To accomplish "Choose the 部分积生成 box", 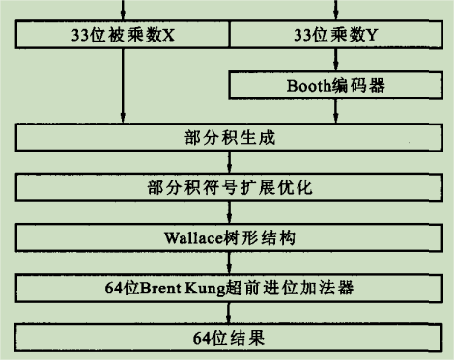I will tap(228, 137).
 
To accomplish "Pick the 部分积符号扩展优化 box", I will tap(228, 187).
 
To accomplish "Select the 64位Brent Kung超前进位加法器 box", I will tap(228, 288).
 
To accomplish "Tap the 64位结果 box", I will tap(228, 338).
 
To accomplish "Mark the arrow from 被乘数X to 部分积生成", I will tap(122, 87).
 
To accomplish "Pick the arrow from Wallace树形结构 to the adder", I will tap(228, 263).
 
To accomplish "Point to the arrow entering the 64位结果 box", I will tap(228, 313).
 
